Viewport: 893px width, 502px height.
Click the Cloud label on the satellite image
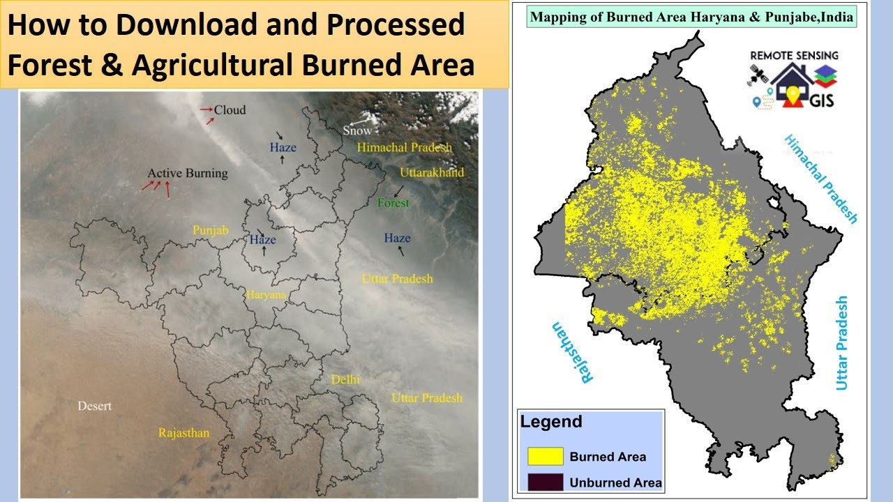[230, 110]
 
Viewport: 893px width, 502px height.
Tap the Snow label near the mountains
[357, 130]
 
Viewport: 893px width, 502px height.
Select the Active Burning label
[188, 173]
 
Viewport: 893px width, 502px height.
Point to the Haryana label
[266, 295]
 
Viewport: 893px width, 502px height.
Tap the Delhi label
[346, 380]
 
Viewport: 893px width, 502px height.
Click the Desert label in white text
[94, 406]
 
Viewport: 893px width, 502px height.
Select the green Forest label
[393, 203]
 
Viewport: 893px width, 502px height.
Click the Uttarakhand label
[432, 172]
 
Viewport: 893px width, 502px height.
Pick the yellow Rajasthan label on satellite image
[183, 433]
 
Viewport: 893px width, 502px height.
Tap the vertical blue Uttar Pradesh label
[841, 343]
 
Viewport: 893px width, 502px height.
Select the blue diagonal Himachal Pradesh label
[820, 178]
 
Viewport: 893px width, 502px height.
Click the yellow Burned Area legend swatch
[546, 457]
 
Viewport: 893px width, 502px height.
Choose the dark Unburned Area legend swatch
[546, 482]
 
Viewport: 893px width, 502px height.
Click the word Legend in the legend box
[551, 422]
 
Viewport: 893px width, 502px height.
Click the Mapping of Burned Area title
[691, 16]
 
